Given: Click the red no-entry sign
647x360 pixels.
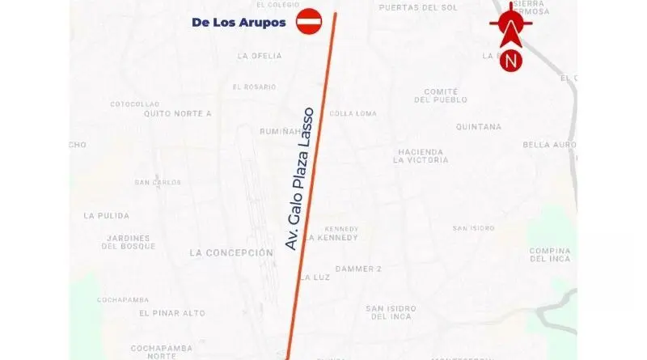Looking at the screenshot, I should click(x=309, y=22).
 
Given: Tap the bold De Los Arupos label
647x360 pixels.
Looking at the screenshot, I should click(x=239, y=23).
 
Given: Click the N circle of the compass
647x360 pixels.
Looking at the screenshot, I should click(x=511, y=60).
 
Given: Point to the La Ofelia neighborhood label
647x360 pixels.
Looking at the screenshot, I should click(x=260, y=56).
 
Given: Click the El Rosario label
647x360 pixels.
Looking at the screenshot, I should click(x=256, y=87).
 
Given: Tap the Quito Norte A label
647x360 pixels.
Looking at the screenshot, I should click(x=177, y=113).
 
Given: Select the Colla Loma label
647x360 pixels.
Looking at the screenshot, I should click(x=353, y=113).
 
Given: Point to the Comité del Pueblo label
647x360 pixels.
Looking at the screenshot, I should click(x=441, y=95).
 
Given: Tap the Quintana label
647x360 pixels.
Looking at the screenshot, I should click(x=479, y=127).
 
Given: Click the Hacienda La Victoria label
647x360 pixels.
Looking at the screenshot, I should click(x=421, y=156).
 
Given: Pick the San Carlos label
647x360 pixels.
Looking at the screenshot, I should click(x=158, y=182).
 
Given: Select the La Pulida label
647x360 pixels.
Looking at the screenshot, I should click(x=101, y=216).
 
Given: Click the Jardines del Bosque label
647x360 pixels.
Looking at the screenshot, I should click(x=129, y=242).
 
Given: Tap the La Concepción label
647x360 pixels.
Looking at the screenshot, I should click(x=231, y=252).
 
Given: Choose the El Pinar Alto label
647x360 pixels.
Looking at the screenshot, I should click(x=171, y=313).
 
